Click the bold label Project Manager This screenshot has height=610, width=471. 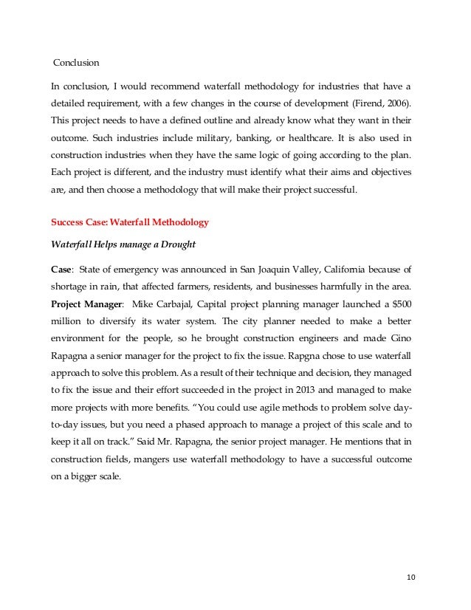tap(85, 303)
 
